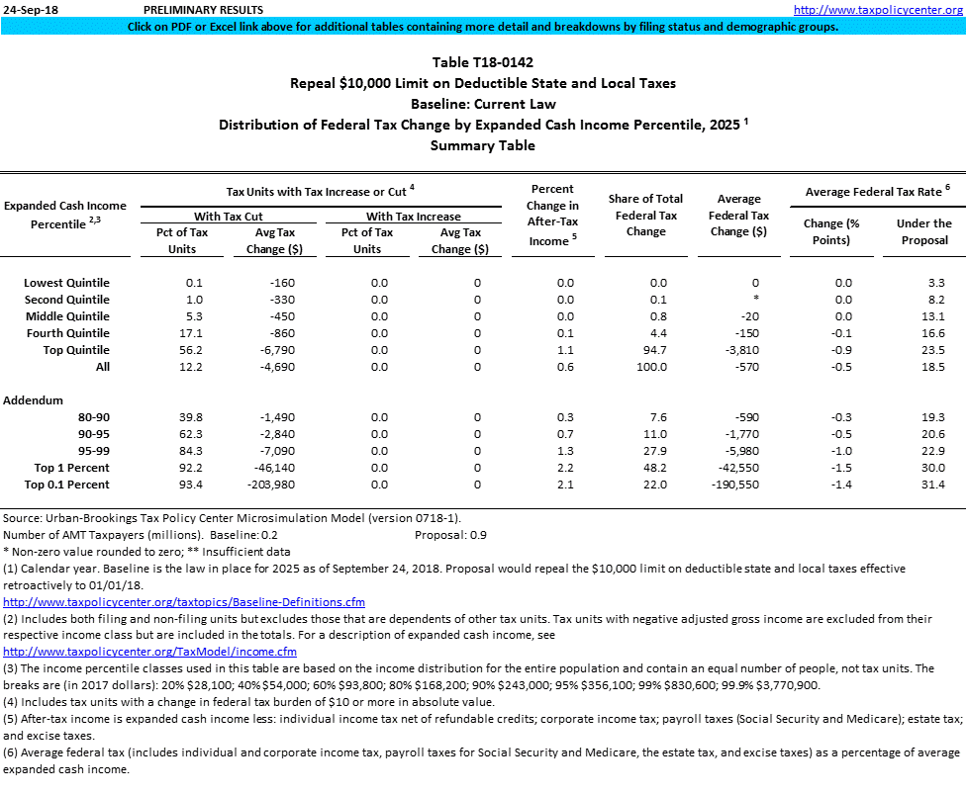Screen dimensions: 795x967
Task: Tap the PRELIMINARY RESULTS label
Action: click(203, 10)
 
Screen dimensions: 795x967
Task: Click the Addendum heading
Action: click(34, 400)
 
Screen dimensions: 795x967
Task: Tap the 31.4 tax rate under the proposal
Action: click(932, 485)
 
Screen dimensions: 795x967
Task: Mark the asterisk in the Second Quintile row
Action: click(754, 300)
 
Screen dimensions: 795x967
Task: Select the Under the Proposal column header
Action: click(923, 231)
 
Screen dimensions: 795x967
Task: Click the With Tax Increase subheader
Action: click(413, 216)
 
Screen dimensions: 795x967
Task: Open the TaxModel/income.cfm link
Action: click(149, 652)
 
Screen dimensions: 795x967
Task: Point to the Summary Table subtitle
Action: click(482, 145)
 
